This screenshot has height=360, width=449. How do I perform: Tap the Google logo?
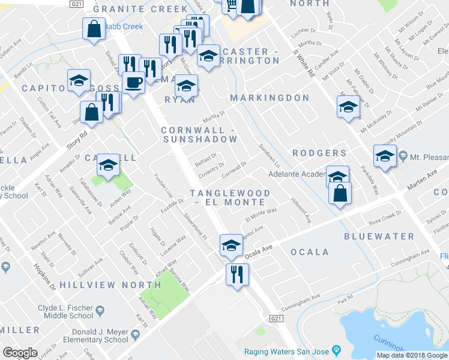20,352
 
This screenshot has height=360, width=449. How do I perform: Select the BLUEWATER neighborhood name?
379,237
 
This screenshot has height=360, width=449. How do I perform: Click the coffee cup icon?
133,82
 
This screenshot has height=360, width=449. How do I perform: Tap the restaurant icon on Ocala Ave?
237,274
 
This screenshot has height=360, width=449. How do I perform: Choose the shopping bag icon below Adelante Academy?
340,193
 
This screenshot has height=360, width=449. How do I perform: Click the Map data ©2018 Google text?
411,355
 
